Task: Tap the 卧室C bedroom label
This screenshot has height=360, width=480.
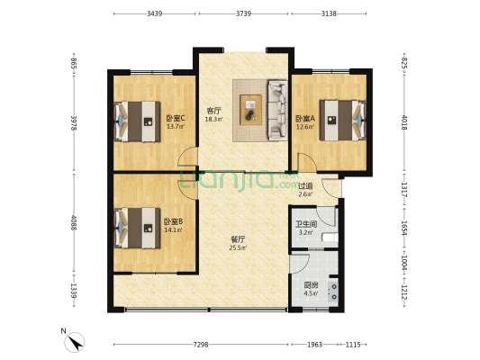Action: click(176, 118)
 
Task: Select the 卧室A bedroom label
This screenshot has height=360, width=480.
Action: click(304, 119)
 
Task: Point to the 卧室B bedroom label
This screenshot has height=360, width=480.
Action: click(173, 221)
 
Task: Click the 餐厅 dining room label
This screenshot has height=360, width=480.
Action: click(238, 239)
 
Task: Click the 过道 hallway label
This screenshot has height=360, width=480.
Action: click(305, 185)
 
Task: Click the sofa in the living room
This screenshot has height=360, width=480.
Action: click(275, 109)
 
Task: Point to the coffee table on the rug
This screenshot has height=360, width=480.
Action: click(249, 109)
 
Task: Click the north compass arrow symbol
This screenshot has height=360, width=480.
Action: click(75, 341)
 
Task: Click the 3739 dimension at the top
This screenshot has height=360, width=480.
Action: click(243, 14)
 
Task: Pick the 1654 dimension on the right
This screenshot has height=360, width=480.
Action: click(403, 227)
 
